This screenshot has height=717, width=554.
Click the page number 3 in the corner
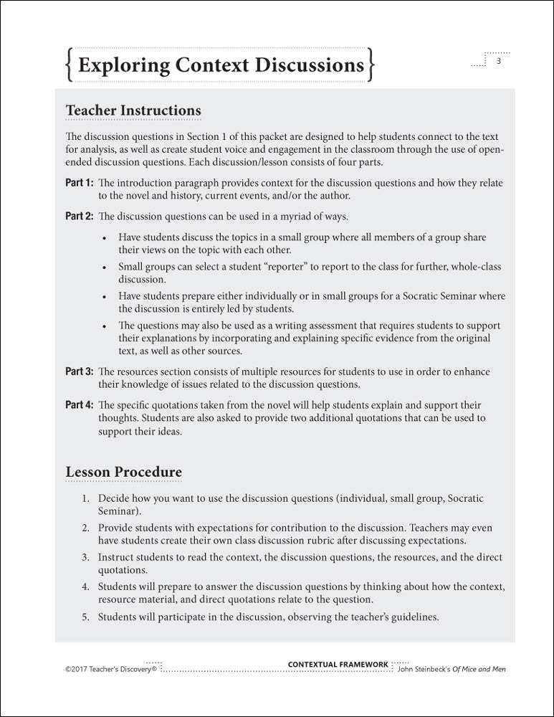click(x=498, y=62)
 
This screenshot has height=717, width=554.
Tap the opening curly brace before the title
click(x=68, y=65)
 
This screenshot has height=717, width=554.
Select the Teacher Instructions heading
click(x=133, y=110)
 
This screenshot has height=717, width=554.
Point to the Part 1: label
click(x=80, y=183)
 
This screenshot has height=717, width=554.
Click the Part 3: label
click(x=80, y=371)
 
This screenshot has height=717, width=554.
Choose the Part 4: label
click(x=80, y=405)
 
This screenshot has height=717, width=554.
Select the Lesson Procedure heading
click(x=123, y=472)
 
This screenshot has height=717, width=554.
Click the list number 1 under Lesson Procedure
click(x=84, y=498)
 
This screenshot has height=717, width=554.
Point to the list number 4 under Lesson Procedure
click(x=84, y=587)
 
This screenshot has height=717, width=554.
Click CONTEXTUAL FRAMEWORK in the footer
click(x=338, y=665)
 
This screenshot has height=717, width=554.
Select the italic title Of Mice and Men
click(x=479, y=669)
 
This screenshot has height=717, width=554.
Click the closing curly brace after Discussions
click(x=371, y=65)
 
